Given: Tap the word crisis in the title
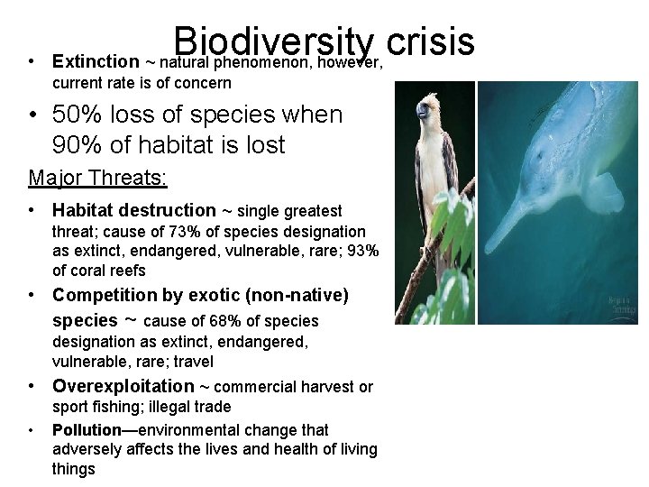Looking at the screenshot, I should coord(429,41).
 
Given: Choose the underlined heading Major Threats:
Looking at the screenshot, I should coord(97,178).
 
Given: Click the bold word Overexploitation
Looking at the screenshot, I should coord(123,386).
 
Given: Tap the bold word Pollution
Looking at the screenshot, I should coord(87,430).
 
